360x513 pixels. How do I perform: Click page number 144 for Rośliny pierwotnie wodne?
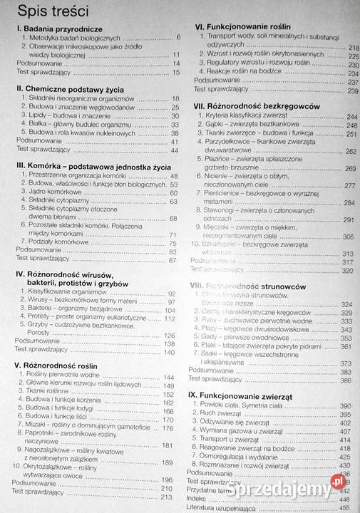coord(169,376)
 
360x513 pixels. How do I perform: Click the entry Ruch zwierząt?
coord(224,413)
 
